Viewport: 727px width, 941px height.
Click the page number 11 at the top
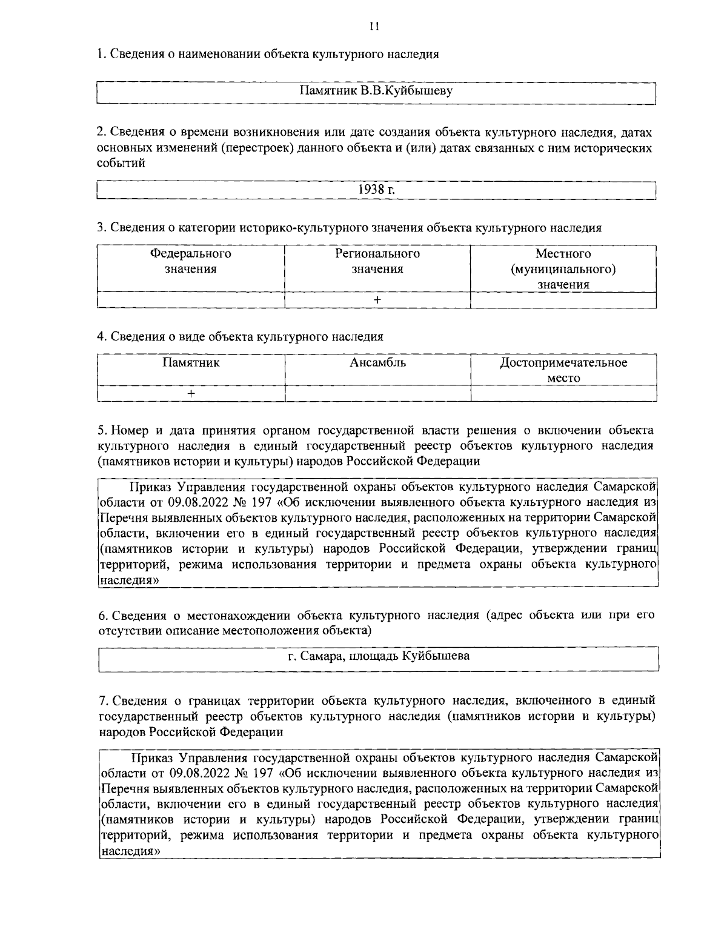pyautogui.click(x=374, y=26)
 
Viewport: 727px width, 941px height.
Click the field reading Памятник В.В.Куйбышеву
pyautogui.click(x=377, y=91)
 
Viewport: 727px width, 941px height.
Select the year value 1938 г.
pyautogui.click(x=377, y=189)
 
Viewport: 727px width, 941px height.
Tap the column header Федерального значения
pyautogui.click(x=191, y=261)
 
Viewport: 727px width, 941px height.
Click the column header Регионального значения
pyautogui.click(x=377, y=261)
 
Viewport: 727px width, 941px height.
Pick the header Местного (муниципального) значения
pyautogui.click(x=563, y=269)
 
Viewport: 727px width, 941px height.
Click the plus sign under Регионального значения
pyautogui.click(x=377, y=300)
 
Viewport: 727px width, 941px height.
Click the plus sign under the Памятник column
pyautogui.click(x=191, y=393)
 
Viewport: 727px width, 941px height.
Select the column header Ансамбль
pyautogui.click(x=377, y=362)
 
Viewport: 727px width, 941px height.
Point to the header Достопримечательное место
pyautogui.click(x=563, y=370)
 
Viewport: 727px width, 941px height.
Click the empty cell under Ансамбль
pyautogui.click(x=377, y=393)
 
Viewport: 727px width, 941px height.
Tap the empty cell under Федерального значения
pyautogui.click(x=191, y=300)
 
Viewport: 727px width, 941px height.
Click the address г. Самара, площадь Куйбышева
pyautogui.click(x=379, y=656)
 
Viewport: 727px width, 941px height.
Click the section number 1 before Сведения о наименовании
pyautogui.click(x=101, y=54)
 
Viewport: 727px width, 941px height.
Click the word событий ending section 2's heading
pyautogui.click(x=121, y=163)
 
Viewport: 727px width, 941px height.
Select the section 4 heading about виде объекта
pyautogui.click(x=241, y=336)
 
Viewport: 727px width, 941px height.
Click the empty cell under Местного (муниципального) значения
pyautogui.click(x=563, y=300)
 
